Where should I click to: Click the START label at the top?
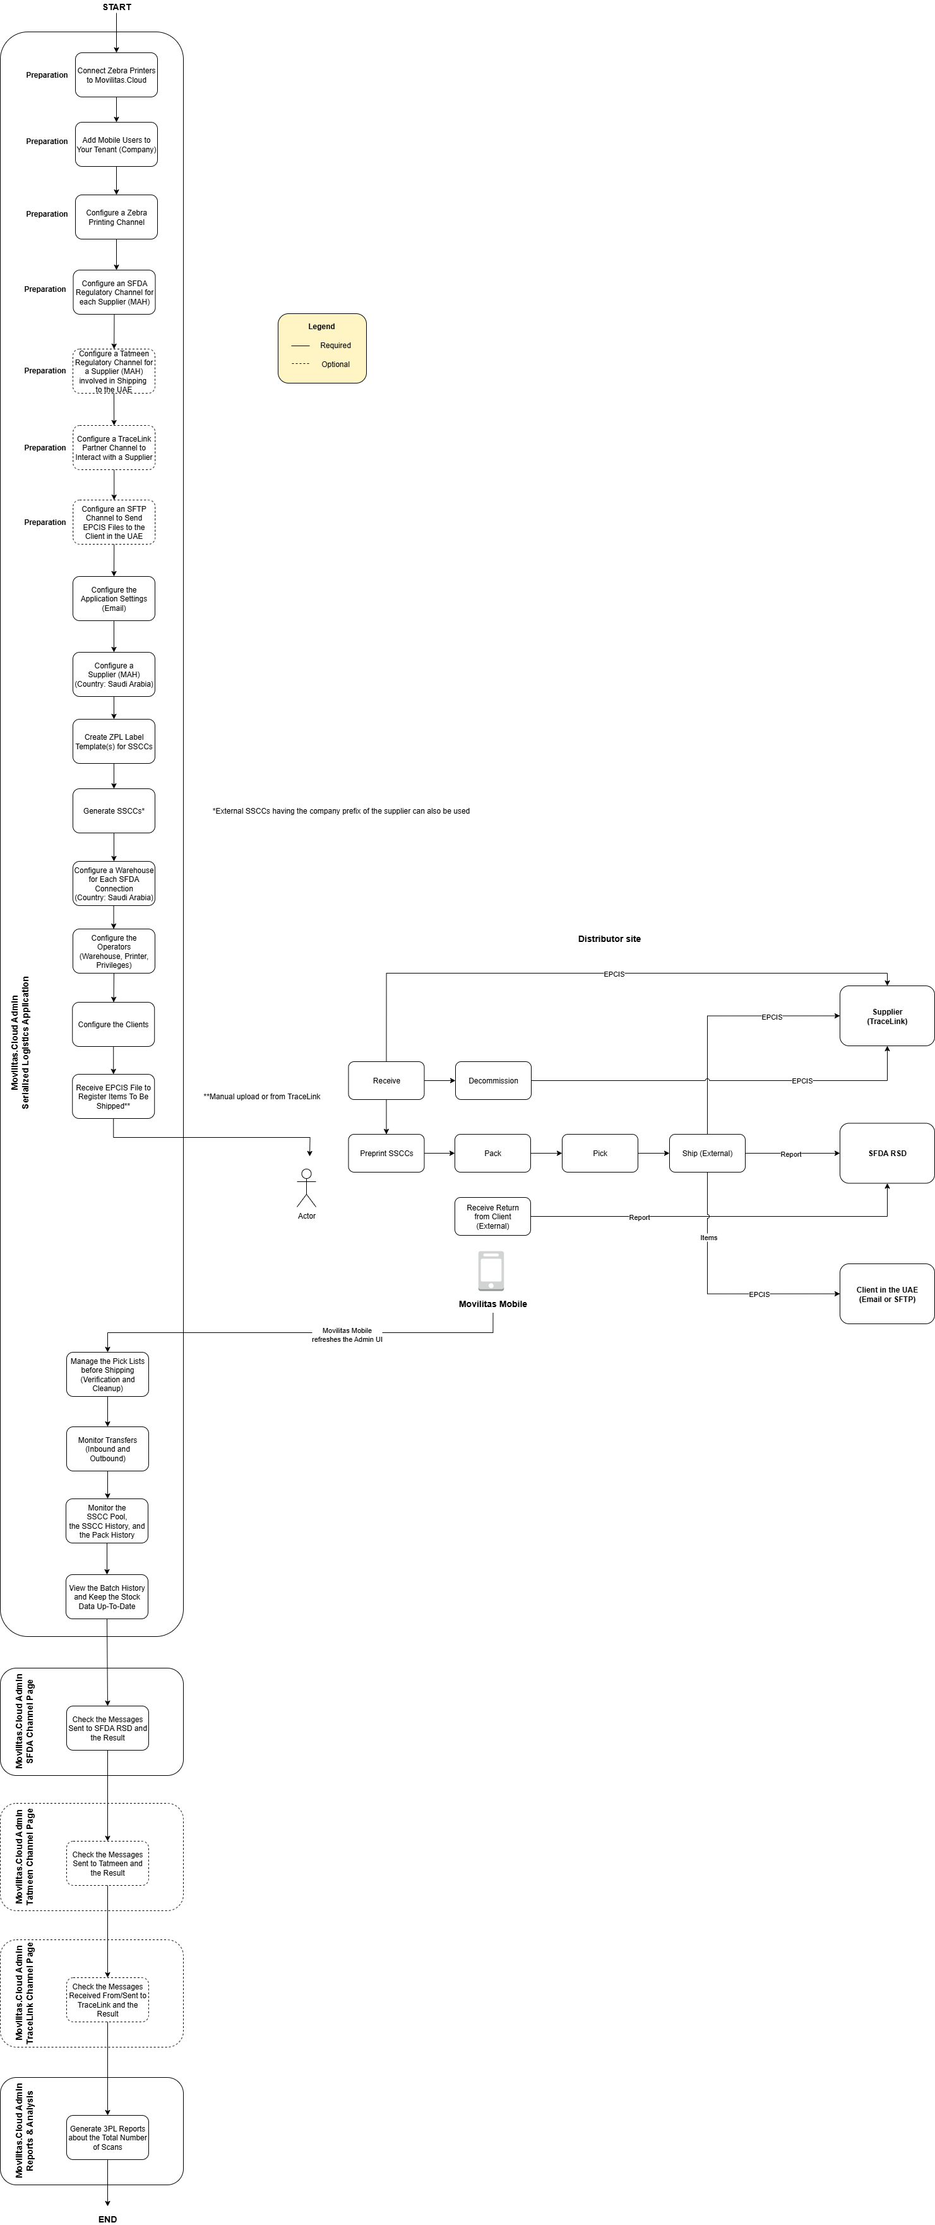[117, 7]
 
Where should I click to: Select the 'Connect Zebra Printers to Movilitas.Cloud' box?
[117, 75]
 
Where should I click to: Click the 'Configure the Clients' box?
[113, 1025]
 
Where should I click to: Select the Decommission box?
[493, 1080]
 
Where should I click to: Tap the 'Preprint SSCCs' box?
[386, 1153]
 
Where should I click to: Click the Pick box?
[600, 1153]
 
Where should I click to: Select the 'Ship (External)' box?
[707, 1153]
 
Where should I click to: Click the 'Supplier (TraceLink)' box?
[886, 1016]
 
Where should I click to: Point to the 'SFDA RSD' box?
[886, 1153]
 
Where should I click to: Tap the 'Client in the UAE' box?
[886, 1294]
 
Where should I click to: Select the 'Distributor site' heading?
[609, 939]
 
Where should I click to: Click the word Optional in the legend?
[336, 365]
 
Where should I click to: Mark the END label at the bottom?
[108, 2219]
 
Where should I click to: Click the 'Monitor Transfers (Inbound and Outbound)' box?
[108, 1449]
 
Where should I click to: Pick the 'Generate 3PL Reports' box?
[108, 2137]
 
